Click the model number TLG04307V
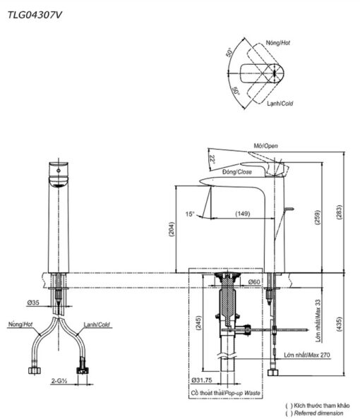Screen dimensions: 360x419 click(x=35, y=15)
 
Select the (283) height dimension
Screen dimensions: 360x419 click(x=339, y=212)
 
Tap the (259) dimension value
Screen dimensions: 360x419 click(x=318, y=217)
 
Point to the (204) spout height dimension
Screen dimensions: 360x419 click(x=172, y=229)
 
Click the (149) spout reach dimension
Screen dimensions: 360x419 click(x=243, y=214)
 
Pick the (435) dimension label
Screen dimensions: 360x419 click(x=339, y=324)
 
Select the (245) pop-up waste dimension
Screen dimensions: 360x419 click(x=198, y=323)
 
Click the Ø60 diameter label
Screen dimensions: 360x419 click(x=254, y=281)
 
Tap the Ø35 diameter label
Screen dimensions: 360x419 click(x=33, y=303)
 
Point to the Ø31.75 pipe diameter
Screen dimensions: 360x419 click(x=202, y=380)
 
